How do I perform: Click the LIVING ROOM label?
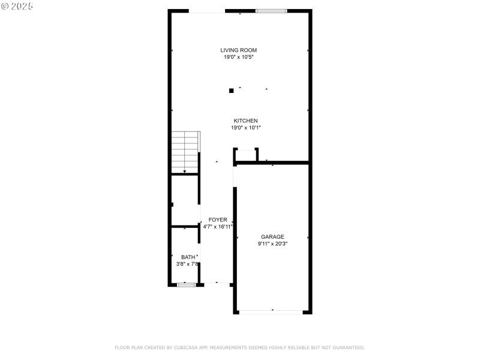[x=239, y=50]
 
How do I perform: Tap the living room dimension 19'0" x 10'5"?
[x=239, y=58]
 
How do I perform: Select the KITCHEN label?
[x=245, y=121]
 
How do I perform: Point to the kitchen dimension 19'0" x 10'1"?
[x=245, y=128]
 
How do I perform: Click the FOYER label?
[x=217, y=220]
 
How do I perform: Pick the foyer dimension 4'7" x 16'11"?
[x=217, y=227]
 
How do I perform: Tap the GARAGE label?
[x=272, y=237]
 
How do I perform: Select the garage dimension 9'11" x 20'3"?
[x=272, y=244]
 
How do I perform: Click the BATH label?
[x=188, y=257]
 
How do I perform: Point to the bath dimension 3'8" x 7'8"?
[x=188, y=265]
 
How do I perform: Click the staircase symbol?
[x=185, y=153]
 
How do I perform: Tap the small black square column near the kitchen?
[x=232, y=91]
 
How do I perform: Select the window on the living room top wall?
[x=271, y=11]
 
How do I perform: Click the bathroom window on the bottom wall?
[x=187, y=284]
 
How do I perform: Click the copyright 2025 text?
[x=17, y=5]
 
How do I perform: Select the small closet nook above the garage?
[x=246, y=155]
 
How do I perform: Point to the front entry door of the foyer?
[x=216, y=283]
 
